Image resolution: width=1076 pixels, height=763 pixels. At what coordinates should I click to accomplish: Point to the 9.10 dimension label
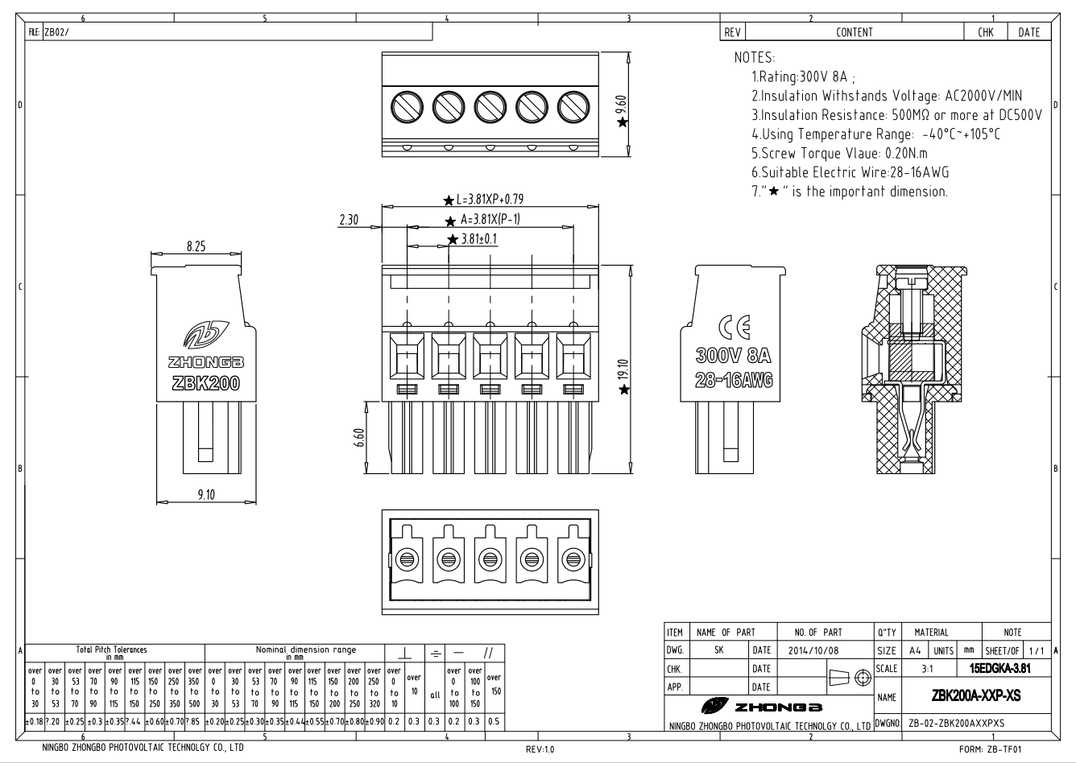tap(206, 494)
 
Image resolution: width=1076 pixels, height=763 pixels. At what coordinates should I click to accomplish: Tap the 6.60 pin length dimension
tap(360, 440)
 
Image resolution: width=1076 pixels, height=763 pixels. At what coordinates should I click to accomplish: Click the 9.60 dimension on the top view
tap(621, 105)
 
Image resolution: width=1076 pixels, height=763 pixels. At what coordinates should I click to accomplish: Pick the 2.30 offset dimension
tap(348, 220)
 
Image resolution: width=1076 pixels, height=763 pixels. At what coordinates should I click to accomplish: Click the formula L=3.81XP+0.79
tap(490, 200)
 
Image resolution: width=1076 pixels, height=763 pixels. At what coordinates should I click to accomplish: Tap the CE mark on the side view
tap(733, 328)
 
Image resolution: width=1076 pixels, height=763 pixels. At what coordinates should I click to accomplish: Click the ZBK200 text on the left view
tap(206, 383)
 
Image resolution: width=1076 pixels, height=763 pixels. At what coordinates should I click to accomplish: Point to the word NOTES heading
tap(755, 59)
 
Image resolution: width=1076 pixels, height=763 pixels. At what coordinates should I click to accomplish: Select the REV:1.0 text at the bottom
tap(540, 749)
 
